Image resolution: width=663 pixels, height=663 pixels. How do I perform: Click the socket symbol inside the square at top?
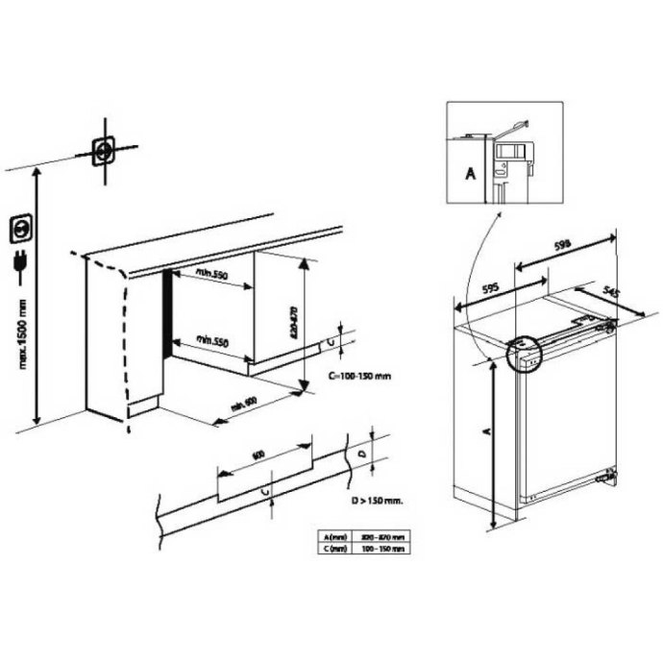102,151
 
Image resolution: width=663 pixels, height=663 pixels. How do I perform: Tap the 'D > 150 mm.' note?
375,502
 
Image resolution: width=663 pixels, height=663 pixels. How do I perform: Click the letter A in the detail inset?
470,174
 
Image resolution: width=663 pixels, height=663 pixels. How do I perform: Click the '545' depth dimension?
630,288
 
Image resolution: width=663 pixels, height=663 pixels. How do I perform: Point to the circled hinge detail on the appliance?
521,353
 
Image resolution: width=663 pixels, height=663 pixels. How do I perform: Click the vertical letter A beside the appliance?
484,433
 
